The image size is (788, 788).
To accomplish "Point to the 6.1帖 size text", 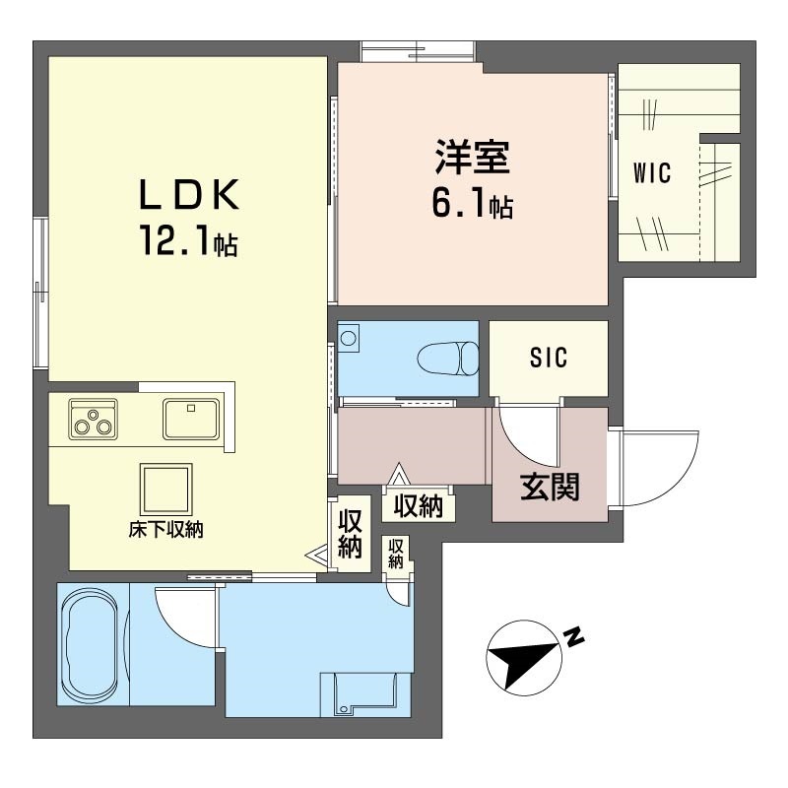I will click(x=471, y=204).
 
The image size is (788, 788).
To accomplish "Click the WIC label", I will click(x=652, y=175).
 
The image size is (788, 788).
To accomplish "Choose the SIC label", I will click(x=549, y=359).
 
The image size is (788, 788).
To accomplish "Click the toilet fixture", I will click(x=447, y=358).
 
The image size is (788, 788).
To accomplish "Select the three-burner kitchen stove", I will click(x=93, y=419).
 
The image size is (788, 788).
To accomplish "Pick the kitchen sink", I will click(x=191, y=419).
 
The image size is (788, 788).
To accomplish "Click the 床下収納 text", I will click(x=164, y=529).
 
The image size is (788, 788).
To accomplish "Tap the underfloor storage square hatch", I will click(x=164, y=488).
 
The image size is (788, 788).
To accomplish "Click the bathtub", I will click(x=91, y=645).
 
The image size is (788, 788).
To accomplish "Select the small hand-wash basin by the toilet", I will click(x=349, y=340).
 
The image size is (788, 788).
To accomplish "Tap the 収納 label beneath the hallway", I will click(x=419, y=506).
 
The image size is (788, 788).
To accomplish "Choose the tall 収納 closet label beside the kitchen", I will click(x=350, y=533).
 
